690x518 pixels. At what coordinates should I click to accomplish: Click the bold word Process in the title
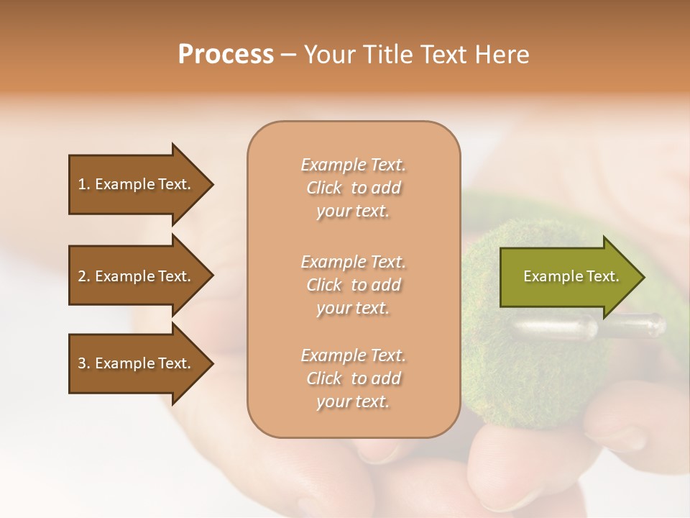point(226,55)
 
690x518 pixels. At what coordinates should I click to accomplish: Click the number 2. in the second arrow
point(84,276)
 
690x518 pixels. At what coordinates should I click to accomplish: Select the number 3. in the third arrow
point(84,363)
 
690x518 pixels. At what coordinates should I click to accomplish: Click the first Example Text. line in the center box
point(353,165)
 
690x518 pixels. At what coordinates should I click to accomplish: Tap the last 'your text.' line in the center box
point(353,402)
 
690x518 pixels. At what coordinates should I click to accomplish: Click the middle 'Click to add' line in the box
point(353,285)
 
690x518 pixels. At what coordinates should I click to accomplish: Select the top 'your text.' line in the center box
point(353,212)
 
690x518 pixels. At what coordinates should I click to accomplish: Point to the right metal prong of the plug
point(636,325)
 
